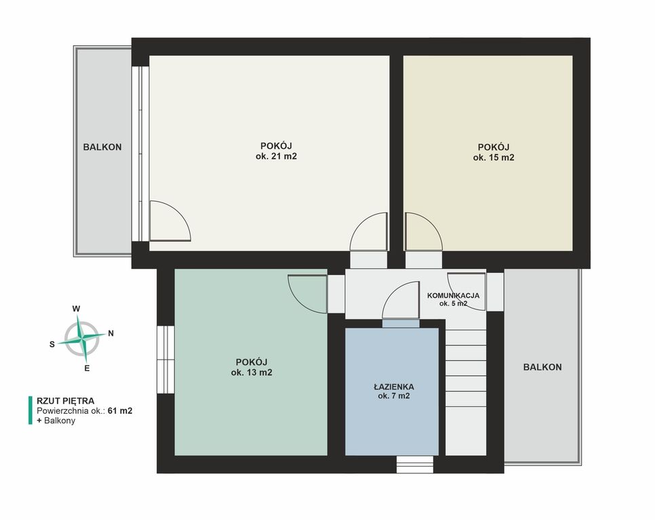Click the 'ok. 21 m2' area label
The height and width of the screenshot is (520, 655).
[276, 157]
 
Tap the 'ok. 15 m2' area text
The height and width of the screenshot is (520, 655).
[494, 158]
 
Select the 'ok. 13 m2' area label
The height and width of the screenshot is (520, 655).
[252, 372]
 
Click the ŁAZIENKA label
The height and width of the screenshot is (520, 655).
[393, 387]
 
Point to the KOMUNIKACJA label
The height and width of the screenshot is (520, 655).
[453, 296]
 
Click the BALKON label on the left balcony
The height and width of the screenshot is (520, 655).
[102, 147]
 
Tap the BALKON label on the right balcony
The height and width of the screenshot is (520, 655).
[542, 368]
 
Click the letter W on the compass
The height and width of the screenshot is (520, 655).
[76, 309]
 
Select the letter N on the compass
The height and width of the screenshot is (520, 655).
[111, 334]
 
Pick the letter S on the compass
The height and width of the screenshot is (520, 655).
[52, 345]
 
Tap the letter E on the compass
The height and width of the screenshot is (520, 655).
[87, 368]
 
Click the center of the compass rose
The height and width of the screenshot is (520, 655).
[82, 338]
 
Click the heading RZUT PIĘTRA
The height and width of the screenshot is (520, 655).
[66, 401]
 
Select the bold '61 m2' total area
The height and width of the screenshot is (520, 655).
[120, 411]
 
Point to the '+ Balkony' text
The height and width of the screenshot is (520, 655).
[56, 420]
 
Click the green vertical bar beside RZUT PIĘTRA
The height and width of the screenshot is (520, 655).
[30, 410]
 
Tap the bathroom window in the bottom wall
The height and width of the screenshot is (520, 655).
[415, 464]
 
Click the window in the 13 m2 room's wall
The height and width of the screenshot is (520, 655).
[166, 360]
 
